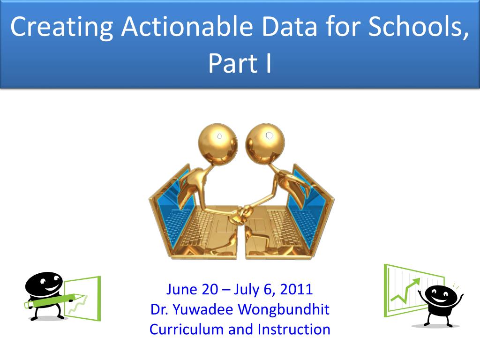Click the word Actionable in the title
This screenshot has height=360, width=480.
187,27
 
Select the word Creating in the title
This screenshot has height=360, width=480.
61,27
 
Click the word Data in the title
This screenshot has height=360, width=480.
289,27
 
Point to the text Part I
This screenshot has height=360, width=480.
240,63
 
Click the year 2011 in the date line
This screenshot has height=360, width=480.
296,289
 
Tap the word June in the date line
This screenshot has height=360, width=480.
181,289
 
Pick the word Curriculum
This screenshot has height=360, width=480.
187,330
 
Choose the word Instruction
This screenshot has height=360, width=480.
294,330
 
